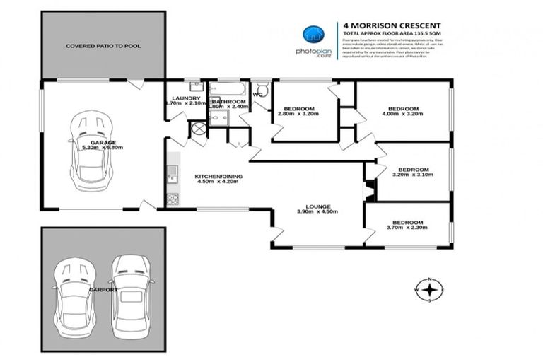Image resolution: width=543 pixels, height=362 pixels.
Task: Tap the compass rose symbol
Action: tap(429, 289)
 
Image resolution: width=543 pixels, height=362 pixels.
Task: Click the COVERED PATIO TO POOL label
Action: tap(103, 46)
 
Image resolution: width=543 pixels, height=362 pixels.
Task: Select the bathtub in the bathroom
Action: tap(228, 89)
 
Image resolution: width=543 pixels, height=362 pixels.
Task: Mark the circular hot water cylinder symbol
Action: tap(199, 129)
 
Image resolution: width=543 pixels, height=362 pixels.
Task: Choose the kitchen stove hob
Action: tap(171, 199)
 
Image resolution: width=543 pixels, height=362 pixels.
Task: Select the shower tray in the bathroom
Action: tap(218, 117)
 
